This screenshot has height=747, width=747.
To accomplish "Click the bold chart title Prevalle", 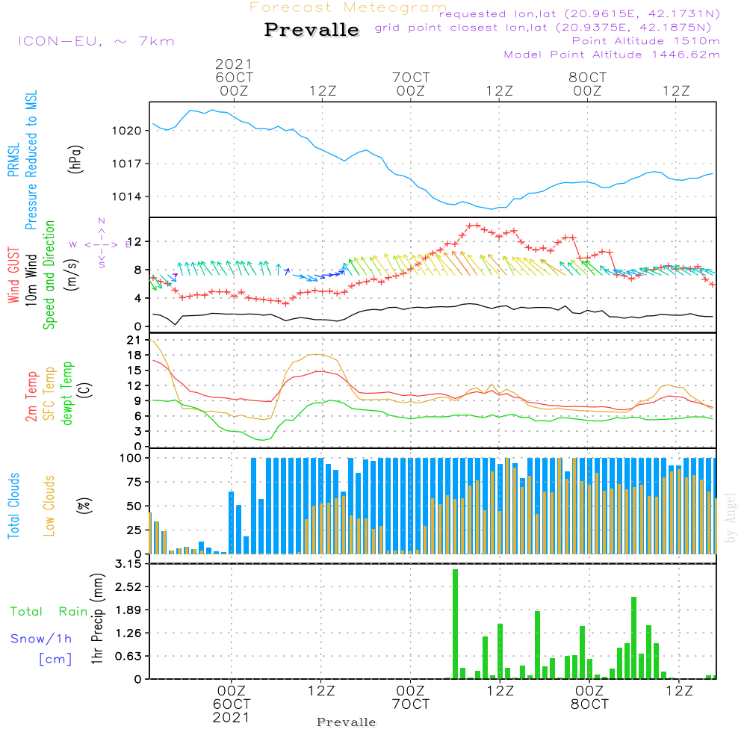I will tap(311, 30).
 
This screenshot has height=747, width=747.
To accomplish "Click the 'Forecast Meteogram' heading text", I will tap(348, 7).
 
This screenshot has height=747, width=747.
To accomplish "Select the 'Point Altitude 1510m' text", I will tap(645, 41).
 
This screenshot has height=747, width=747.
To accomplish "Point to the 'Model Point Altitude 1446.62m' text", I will tap(612, 55).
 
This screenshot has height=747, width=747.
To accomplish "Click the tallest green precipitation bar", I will tap(455, 624).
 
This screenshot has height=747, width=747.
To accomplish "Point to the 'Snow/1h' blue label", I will tap(42, 639).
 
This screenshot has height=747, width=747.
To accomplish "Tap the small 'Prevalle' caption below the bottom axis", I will tap(347, 722).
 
